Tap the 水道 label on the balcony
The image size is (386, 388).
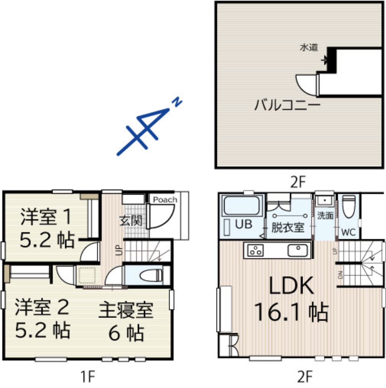tap(309, 48)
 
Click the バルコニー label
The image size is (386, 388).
tap(287, 105)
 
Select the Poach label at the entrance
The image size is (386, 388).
tap(165, 199)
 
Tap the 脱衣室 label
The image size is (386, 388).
tap(288, 227)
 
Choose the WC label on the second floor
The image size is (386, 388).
tap(348, 232)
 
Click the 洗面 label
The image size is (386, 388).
tap(325, 216)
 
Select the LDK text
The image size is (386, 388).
tap(291, 286)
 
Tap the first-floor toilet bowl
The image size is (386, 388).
tap(151, 276)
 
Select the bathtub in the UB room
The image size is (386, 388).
tap(242, 206)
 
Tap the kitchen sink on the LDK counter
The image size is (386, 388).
tap(298, 250)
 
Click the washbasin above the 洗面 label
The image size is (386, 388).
tap(325, 201)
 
